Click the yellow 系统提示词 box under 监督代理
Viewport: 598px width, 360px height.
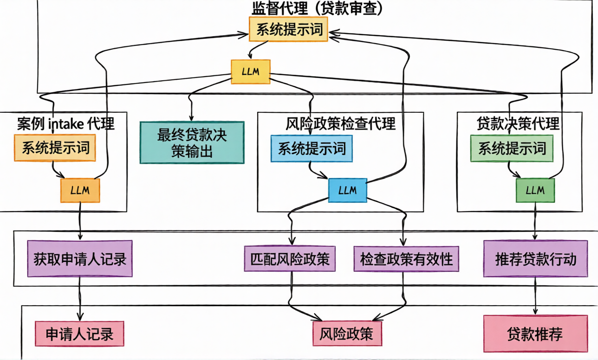(289, 30)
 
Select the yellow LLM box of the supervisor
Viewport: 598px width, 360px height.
(251, 72)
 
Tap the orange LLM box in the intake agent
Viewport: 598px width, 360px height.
(80, 190)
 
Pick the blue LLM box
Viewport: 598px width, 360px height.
(347, 190)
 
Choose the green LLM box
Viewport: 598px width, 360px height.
(535, 190)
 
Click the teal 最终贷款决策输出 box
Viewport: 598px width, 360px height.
(192, 142)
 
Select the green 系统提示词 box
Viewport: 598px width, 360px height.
(512, 148)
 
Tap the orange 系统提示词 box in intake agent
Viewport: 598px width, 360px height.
(55, 148)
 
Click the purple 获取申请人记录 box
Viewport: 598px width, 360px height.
(79, 258)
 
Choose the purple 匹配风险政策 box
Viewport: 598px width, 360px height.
(290, 258)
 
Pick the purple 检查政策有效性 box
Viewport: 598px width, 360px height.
(406, 258)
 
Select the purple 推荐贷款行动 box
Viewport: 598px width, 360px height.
(536, 258)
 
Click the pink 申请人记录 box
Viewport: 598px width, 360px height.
(79, 334)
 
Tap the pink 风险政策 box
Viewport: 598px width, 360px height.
(347, 334)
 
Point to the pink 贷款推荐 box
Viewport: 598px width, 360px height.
(535, 334)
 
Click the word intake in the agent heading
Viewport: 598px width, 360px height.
(65, 124)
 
